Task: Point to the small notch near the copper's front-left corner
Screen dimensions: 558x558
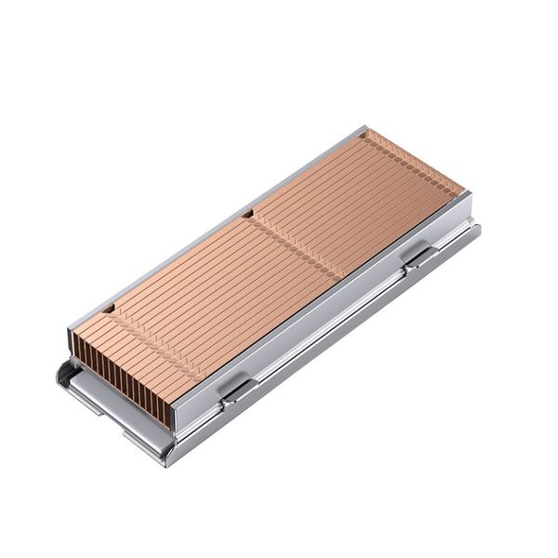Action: [x=109, y=306]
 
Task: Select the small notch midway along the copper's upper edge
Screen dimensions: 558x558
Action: [x=248, y=216]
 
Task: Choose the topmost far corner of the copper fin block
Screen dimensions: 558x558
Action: [x=372, y=130]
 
